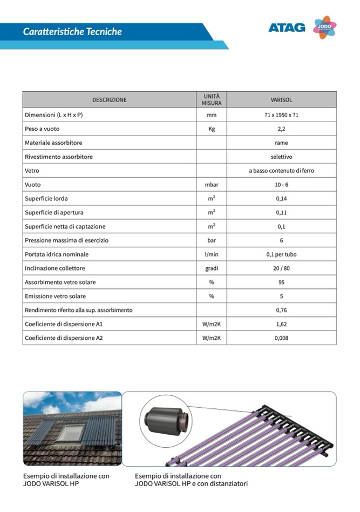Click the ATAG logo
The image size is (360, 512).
point(287,28)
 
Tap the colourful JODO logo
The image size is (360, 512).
point(324,27)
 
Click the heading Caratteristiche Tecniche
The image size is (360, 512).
point(72,32)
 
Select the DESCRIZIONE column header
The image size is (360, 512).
point(110,100)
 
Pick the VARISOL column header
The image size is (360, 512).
point(281,100)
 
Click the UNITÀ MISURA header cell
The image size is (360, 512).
point(212,99)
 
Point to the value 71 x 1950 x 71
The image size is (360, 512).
point(281,115)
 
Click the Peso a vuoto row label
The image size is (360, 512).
point(42,129)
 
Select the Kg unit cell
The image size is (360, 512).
point(212,129)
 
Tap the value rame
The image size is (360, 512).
point(281,143)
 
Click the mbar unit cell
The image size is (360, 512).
point(212,185)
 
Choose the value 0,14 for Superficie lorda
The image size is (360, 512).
point(281,199)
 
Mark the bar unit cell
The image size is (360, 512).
point(212,240)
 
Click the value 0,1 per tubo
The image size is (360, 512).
point(281,254)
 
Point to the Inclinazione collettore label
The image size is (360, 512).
point(55,268)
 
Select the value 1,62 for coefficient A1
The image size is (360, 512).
point(281,324)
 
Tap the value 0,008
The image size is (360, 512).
point(281,338)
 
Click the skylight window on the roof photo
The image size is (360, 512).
point(71,433)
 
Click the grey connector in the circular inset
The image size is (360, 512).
point(166,421)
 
